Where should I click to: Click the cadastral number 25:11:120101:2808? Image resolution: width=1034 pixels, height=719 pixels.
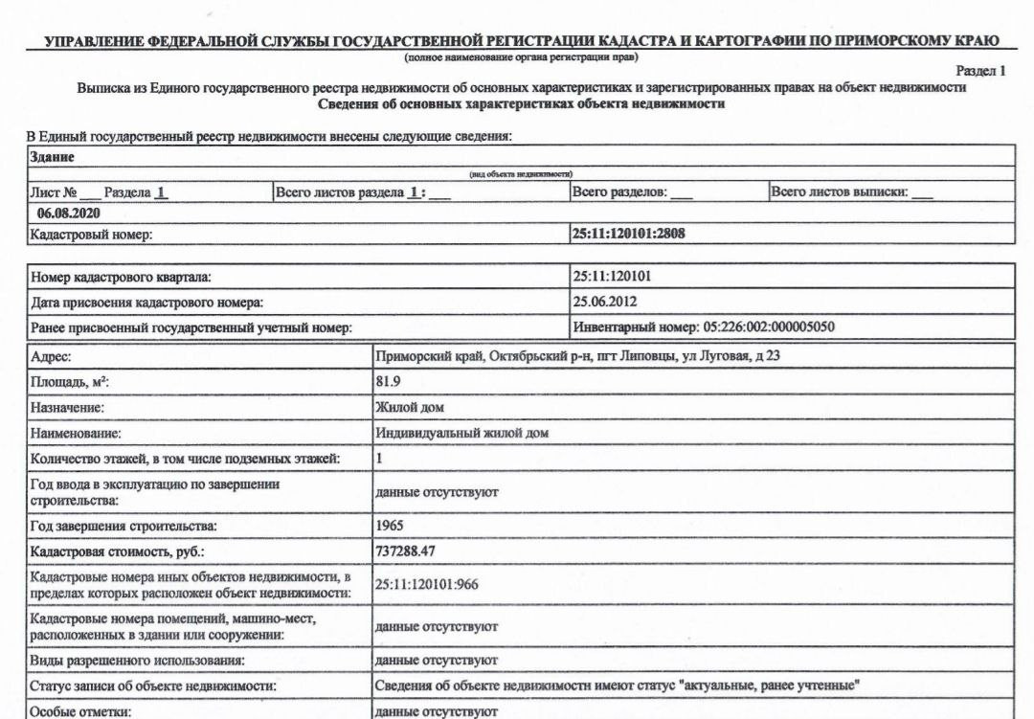pyautogui.click(x=629, y=234)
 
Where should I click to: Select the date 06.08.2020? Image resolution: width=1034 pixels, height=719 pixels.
pyautogui.click(x=69, y=213)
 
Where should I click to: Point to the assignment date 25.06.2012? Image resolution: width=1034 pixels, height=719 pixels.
pyautogui.click(x=605, y=302)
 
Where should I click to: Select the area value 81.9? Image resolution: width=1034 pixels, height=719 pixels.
pyautogui.click(x=387, y=381)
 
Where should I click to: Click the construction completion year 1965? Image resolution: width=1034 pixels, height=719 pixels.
pyautogui.click(x=390, y=527)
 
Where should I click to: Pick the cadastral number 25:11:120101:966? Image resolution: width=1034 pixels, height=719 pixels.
pyautogui.click(x=426, y=584)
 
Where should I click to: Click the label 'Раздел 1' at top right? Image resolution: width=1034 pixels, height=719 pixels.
pyautogui.click(x=981, y=71)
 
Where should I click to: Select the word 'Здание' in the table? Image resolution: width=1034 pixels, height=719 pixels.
pyautogui.click(x=53, y=157)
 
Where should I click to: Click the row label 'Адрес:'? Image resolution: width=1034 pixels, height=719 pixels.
pyautogui.click(x=52, y=356)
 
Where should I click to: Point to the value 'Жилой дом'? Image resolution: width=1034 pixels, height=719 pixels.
pyautogui.click(x=409, y=407)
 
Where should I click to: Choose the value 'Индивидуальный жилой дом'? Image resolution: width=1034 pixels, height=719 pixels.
pyautogui.click(x=461, y=433)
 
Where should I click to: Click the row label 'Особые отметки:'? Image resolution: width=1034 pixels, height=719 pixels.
pyautogui.click(x=79, y=711)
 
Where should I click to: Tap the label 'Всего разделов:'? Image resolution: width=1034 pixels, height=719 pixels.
pyautogui.click(x=619, y=192)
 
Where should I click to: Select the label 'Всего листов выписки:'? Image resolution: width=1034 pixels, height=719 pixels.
pyautogui.click(x=839, y=192)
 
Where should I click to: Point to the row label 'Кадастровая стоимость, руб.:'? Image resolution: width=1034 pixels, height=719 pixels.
pyautogui.click(x=118, y=552)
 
